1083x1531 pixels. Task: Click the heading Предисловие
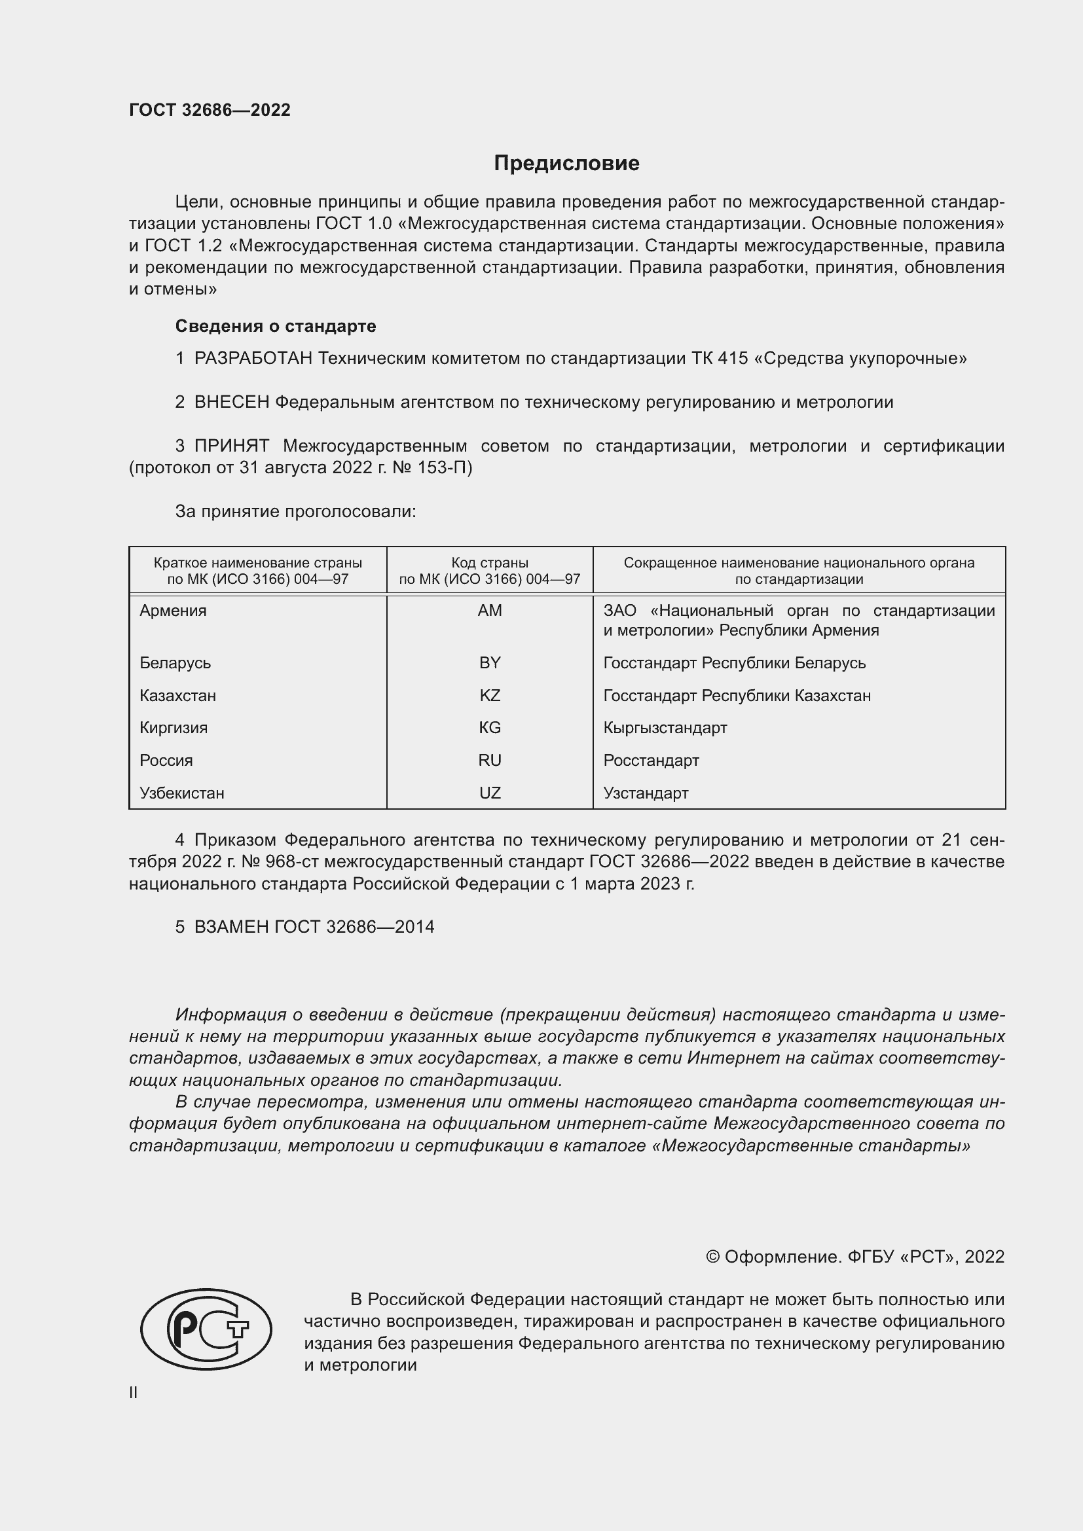coord(566,164)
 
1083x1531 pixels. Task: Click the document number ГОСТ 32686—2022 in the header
coord(210,110)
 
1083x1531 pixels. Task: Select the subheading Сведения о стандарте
coord(276,326)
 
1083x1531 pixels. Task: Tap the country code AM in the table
coord(490,611)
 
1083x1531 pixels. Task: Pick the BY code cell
coord(490,663)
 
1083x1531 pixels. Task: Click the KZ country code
coord(490,696)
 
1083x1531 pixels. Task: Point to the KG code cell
coord(490,727)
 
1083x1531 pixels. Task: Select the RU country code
coord(490,760)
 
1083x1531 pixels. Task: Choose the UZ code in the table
coord(490,793)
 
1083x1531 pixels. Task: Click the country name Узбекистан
coord(181,793)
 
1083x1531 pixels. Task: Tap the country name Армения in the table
coord(173,611)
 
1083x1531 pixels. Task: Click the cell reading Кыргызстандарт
coord(664,727)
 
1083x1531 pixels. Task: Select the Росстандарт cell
coord(651,760)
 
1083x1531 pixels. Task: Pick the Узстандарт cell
coord(646,793)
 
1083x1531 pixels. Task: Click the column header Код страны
coord(490,563)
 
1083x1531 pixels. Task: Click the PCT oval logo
coord(206,1329)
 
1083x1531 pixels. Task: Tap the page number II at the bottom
coord(134,1392)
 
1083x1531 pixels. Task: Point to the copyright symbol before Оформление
coord(712,1257)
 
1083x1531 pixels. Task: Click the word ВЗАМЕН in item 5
coord(231,927)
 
